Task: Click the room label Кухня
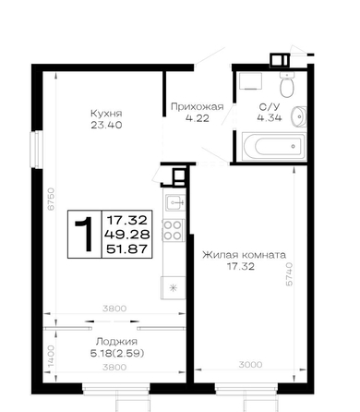tap(106, 114)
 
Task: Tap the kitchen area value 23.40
tap(106, 125)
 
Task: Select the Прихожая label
tap(198, 107)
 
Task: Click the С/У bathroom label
tap(270, 107)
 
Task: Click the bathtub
tap(274, 146)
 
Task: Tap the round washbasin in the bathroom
tap(299, 116)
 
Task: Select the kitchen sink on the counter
tap(175, 202)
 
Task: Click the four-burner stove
tap(173, 230)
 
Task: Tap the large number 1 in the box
tap(84, 234)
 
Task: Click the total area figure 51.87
tap(127, 248)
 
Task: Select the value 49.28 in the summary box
tap(127, 235)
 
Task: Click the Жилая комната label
tap(244, 255)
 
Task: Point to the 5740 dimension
tap(289, 274)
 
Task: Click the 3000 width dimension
tap(251, 365)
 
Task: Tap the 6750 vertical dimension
tap(51, 199)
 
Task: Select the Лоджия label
tap(116, 342)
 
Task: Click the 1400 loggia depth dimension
tap(51, 356)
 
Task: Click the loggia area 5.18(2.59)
tap(117, 354)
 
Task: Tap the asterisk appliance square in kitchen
tap(174, 288)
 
